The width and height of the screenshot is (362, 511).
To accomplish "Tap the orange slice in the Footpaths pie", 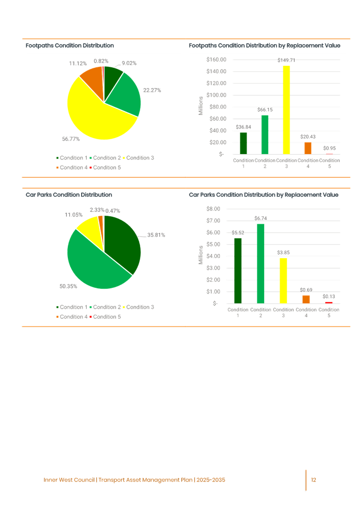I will (91, 78).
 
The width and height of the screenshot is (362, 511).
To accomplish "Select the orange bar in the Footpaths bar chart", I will (308, 148).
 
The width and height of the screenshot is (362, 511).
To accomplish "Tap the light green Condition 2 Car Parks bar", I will (261, 263).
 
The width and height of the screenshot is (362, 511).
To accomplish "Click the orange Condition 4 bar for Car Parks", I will (306, 299).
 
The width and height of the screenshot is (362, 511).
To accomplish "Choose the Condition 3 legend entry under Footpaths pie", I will (139, 158).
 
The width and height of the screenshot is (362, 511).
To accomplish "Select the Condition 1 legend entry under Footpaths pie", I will (72, 158).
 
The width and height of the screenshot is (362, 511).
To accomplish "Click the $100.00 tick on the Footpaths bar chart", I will (217, 95).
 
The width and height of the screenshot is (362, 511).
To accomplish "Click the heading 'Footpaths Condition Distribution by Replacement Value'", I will (265, 46).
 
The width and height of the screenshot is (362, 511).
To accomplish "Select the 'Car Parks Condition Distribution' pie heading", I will (69, 195).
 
